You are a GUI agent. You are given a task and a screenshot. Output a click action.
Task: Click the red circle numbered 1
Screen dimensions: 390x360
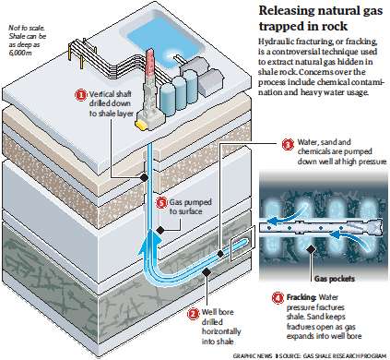click(81, 95)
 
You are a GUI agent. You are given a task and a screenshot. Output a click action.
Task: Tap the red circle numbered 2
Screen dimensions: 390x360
click(194, 314)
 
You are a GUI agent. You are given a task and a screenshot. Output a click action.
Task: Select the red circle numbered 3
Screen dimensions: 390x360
click(288, 144)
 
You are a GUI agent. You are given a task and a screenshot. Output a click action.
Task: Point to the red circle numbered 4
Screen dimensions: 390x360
click(278, 297)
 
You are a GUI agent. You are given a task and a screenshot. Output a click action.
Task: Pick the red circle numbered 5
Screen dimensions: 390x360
click(161, 203)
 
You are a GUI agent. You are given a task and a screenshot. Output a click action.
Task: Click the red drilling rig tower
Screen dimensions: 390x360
click(149, 65)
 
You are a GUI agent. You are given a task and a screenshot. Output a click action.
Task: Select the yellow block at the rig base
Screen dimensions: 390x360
click(141, 124)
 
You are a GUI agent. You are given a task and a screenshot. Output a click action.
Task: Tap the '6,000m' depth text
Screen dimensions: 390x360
click(18, 52)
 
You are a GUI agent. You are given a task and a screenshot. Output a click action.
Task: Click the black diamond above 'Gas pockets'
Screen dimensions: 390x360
click(312, 249)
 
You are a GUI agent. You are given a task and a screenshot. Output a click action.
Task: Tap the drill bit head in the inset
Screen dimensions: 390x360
click(374, 228)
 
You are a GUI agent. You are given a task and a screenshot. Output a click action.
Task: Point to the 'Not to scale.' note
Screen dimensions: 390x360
click(27, 29)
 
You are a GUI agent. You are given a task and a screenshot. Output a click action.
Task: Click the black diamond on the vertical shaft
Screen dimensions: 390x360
click(144, 177)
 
